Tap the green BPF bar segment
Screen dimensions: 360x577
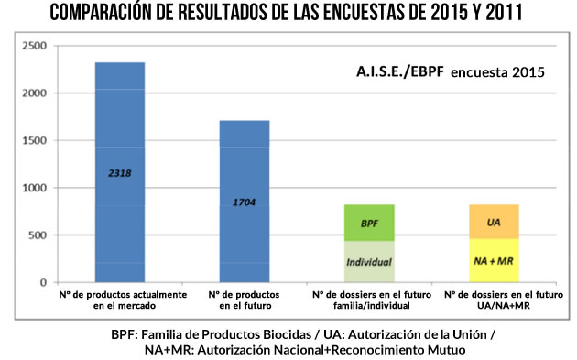pos(369,223)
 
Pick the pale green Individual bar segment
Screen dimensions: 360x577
pos(369,261)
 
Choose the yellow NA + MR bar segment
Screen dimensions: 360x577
pos(493,260)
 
